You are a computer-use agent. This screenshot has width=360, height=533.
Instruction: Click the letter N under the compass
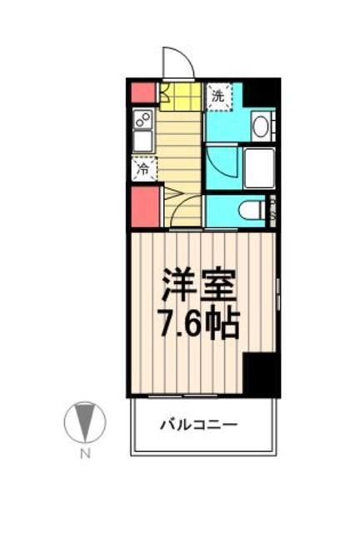click(84, 454)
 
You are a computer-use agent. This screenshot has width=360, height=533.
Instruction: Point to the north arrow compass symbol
click(84, 422)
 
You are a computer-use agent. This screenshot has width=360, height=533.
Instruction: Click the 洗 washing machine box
click(217, 95)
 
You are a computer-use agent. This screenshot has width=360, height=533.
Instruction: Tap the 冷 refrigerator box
click(142, 170)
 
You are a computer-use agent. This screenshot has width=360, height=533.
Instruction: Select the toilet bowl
click(250, 210)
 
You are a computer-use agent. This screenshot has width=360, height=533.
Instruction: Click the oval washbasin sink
click(259, 127)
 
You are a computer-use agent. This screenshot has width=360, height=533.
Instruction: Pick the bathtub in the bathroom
click(260, 168)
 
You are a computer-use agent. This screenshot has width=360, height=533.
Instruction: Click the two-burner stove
click(142, 118)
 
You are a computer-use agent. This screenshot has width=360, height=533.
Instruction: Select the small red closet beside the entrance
click(142, 92)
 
